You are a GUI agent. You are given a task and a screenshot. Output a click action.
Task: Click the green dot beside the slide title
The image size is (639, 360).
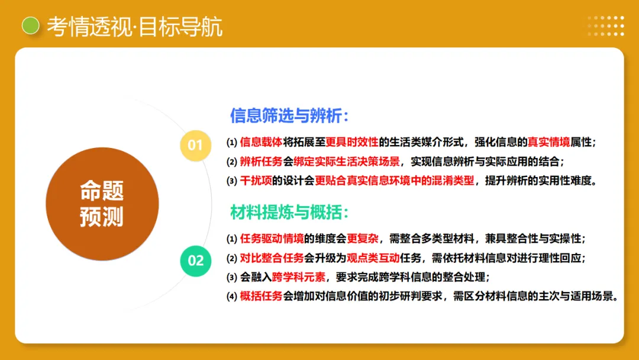pos(30,25)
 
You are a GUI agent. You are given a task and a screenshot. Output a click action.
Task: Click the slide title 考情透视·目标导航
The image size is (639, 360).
pos(135,26)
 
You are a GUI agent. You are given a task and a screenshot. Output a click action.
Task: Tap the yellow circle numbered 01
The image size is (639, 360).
pos(195,145)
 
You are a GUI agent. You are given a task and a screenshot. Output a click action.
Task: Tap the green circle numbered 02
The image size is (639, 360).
pos(195,261)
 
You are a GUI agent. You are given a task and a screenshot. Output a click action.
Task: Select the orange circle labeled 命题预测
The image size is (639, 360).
pos(102,204)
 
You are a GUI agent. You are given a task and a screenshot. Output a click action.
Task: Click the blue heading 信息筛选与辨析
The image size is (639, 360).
pos(289,115)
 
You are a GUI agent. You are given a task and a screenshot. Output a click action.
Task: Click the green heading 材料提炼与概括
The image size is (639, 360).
pos(289,213)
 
